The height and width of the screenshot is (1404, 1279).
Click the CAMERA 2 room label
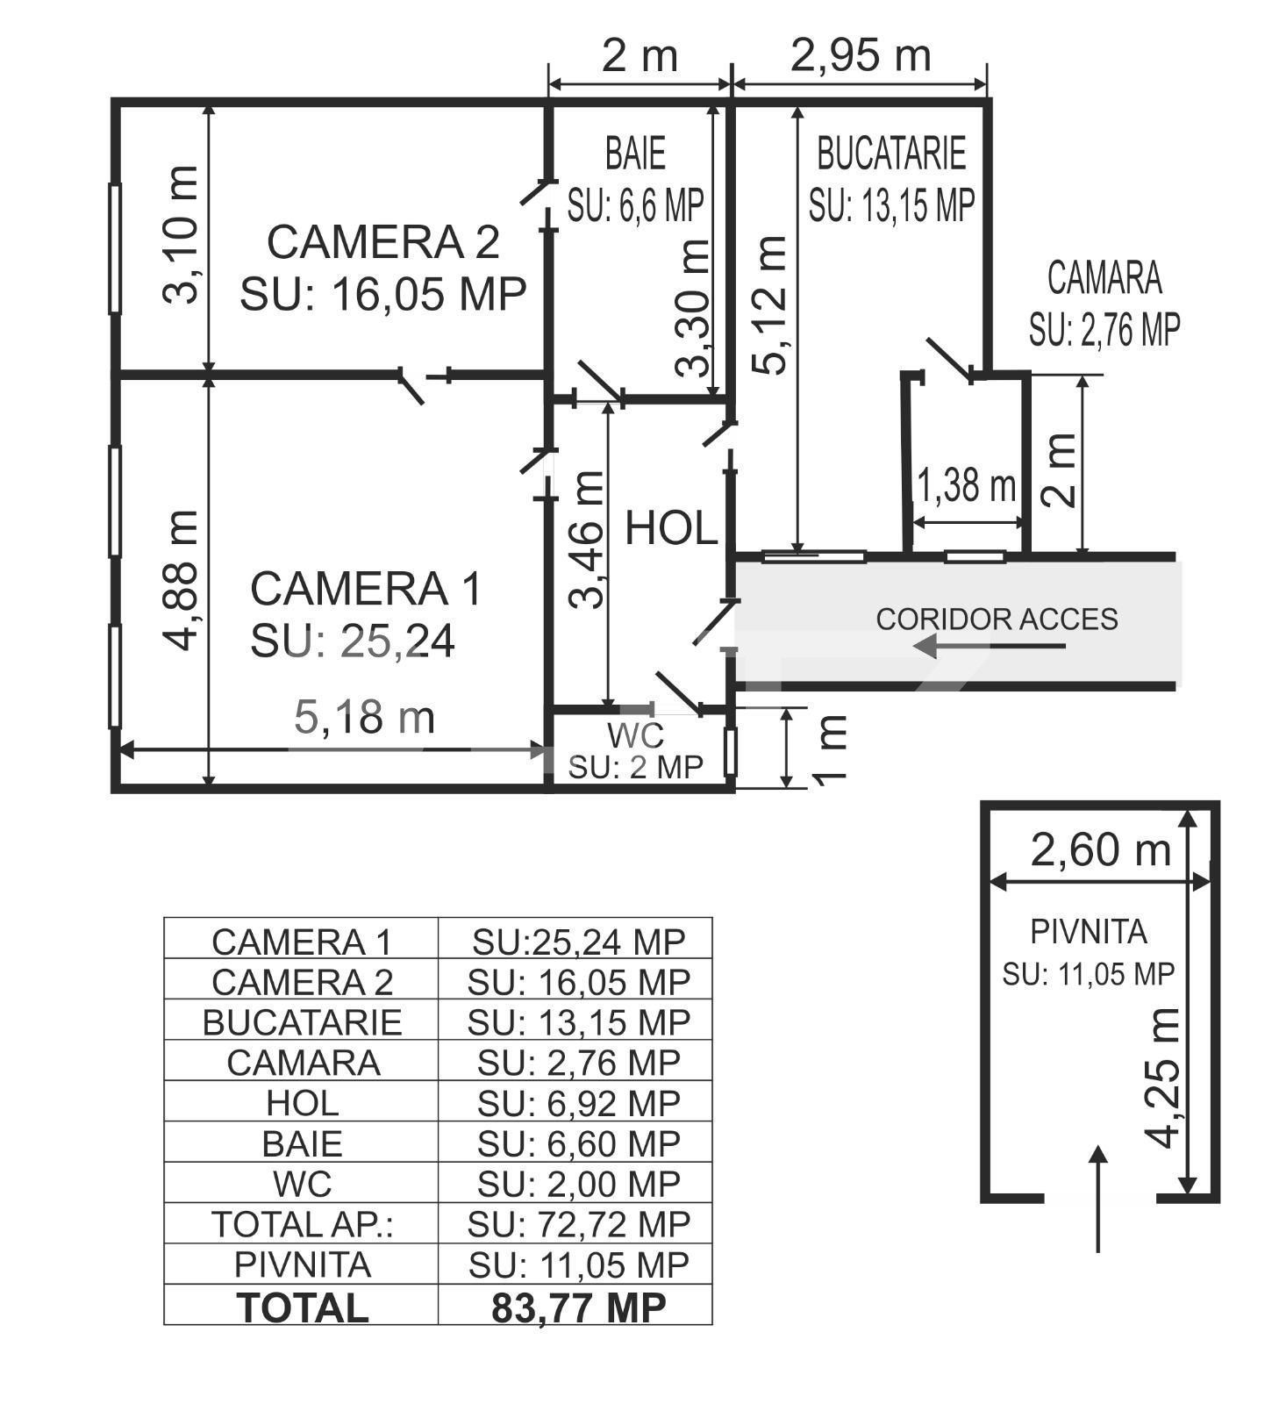tap(382, 242)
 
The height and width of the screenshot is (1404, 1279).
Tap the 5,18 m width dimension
tap(364, 718)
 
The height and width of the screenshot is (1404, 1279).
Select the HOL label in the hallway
tap(671, 529)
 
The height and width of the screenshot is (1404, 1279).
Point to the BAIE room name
tap(635, 154)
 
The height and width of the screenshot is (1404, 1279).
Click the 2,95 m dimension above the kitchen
tap(860, 55)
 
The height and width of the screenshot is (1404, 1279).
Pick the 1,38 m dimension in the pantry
tap(966, 484)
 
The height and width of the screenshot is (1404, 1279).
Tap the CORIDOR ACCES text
tap(997, 620)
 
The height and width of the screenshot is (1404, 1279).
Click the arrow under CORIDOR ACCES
tap(989, 647)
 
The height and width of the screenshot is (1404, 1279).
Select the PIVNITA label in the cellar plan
tap(1088, 932)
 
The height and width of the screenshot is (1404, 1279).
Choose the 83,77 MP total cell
tap(578, 1307)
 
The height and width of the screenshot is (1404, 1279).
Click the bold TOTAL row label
tap(303, 1307)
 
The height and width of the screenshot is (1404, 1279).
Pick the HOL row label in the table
tap(302, 1103)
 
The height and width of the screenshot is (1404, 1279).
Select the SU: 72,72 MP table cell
tap(578, 1224)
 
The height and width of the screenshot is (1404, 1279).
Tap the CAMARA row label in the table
tap(303, 1063)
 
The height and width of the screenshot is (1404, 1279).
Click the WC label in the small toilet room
tap(635, 734)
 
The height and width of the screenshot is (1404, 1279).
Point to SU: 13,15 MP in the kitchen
tap(891, 206)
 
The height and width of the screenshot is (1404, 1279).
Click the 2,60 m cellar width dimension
tap(1100, 849)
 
